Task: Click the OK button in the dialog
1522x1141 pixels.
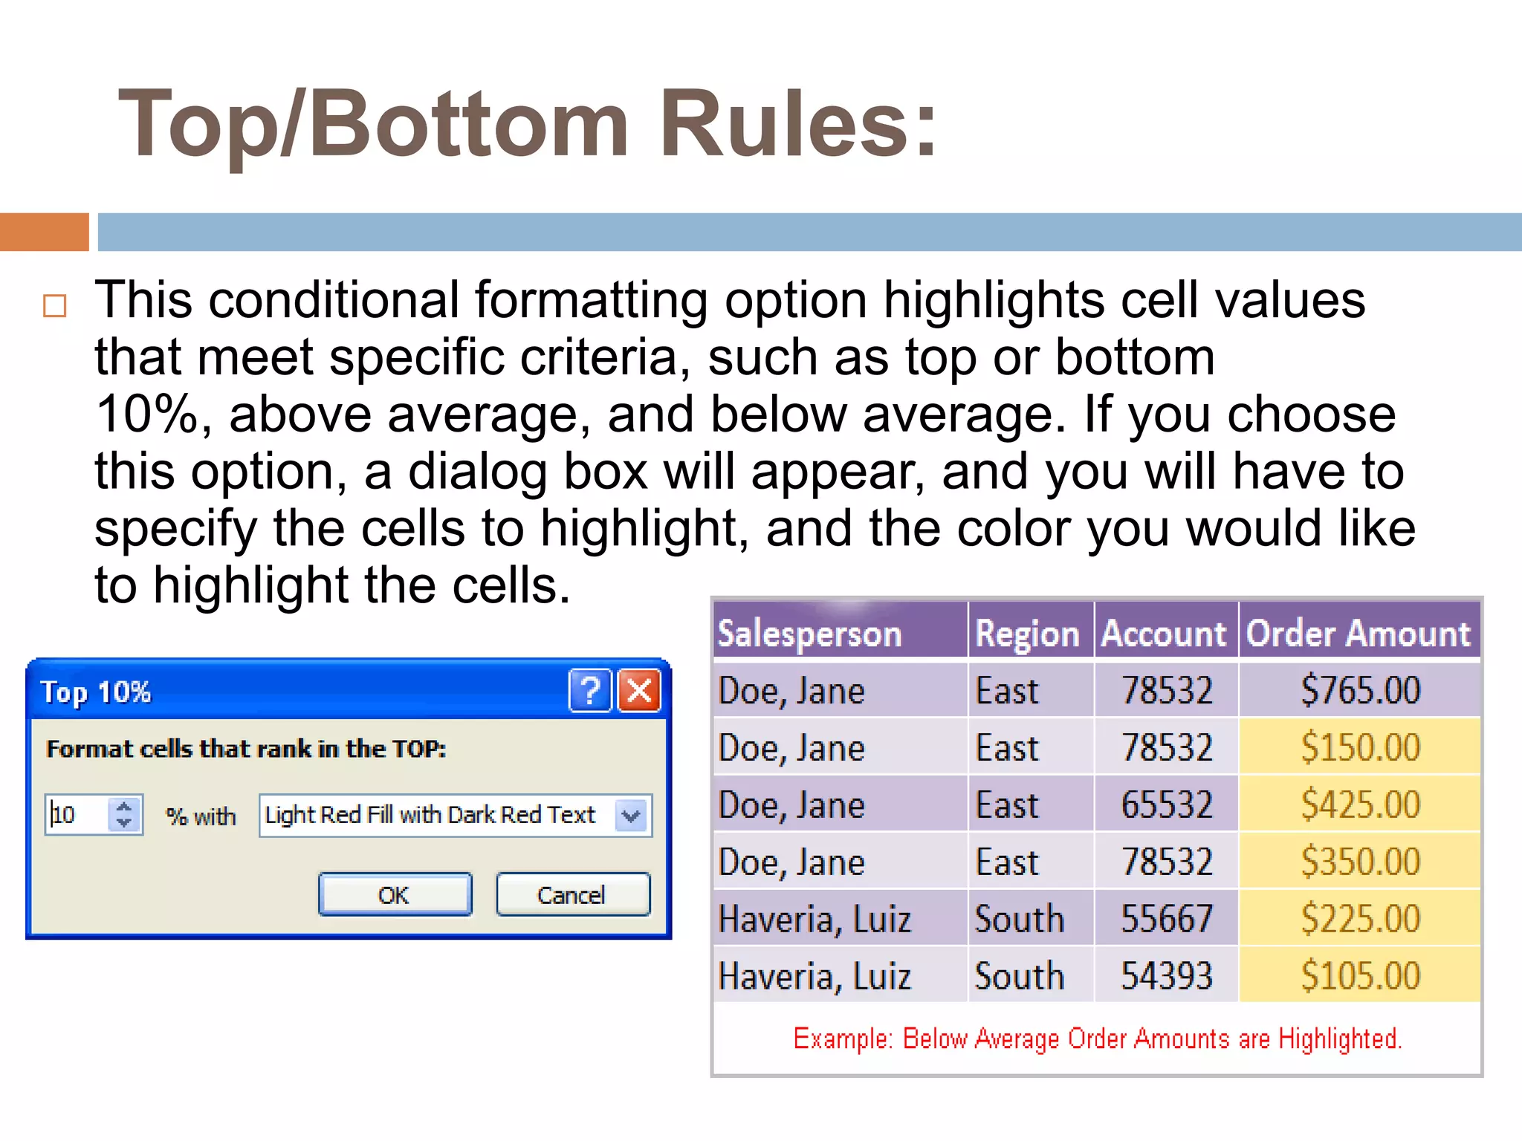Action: (x=395, y=894)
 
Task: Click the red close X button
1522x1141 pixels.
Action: (x=640, y=691)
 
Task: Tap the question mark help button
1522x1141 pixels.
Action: (x=590, y=691)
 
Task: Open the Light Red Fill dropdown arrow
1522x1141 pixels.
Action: (x=632, y=816)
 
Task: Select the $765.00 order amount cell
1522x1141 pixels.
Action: (x=1359, y=690)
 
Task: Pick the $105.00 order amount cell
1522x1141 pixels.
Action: (x=1359, y=975)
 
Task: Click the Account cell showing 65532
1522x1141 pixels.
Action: (x=1166, y=804)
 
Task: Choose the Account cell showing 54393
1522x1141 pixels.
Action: (x=1166, y=975)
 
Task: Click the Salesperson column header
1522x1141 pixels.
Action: (x=810, y=634)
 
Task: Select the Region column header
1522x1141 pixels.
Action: (x=1028, y=634)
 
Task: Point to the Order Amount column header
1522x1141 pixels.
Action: (x=1359, y=634)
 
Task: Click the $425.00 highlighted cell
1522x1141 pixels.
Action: (x=1359, y=804)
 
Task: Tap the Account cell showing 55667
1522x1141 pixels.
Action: (x=1166, y=919)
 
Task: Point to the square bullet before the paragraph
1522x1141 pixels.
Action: (x=55, y=305)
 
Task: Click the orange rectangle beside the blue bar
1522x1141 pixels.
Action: (x=44, y=232)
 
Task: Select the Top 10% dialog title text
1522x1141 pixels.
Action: (x=96, y=692)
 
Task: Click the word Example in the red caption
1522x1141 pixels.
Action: (x=841, y=1038)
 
